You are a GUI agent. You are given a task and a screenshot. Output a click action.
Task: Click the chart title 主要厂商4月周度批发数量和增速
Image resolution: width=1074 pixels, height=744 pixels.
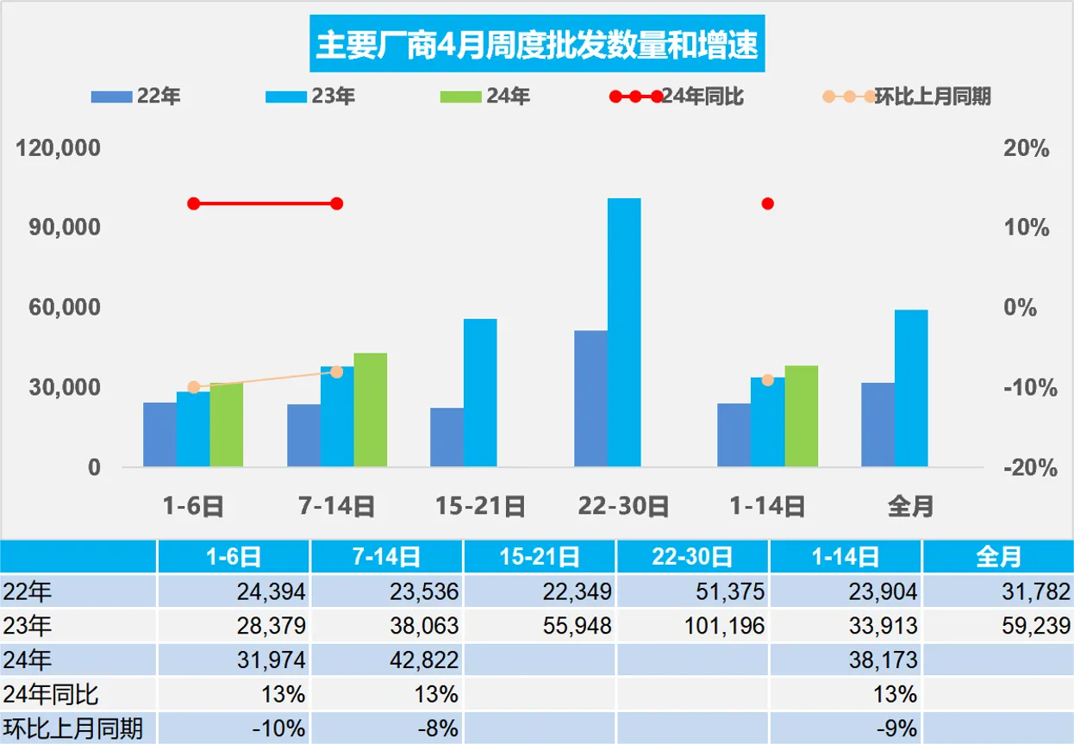(536, 45)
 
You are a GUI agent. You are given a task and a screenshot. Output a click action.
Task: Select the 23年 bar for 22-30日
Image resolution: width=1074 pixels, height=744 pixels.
(624, 332)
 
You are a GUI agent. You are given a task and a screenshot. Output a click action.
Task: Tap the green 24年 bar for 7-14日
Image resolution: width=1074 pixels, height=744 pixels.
(371, 410)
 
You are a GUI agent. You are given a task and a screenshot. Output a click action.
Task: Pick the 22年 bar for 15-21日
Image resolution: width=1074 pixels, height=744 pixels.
(446, 437)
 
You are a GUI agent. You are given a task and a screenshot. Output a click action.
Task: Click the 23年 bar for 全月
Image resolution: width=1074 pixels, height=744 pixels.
(911, 388)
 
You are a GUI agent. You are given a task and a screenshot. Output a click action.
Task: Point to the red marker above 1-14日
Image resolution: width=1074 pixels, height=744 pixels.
(767, 203)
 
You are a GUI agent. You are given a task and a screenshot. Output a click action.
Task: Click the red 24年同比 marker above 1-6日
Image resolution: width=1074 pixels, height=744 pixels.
(194, 203)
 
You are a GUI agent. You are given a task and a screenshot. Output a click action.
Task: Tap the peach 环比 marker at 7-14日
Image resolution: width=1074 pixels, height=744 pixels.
(337, 372)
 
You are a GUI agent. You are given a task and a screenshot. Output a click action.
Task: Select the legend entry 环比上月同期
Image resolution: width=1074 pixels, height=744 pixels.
(932, 97)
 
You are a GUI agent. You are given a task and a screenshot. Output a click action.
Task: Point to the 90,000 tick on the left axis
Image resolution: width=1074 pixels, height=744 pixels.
(59, 228)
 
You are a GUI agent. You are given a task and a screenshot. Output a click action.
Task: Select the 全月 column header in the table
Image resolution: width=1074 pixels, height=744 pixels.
(998, 557)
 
